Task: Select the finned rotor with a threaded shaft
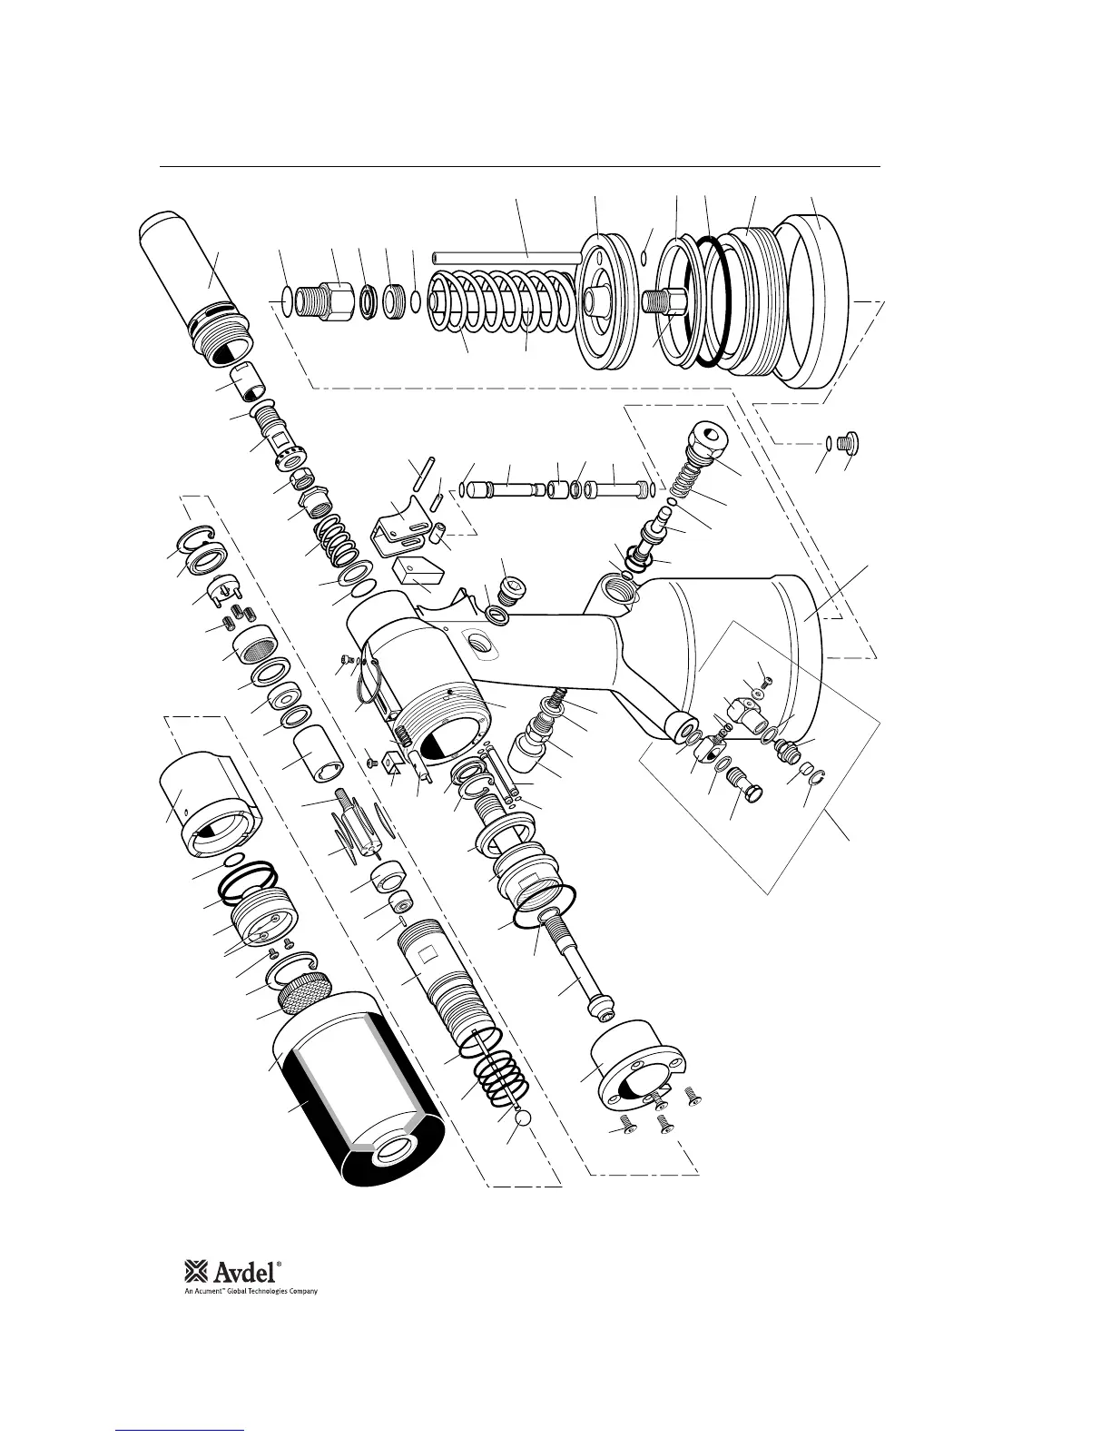(x=357, y=826)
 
